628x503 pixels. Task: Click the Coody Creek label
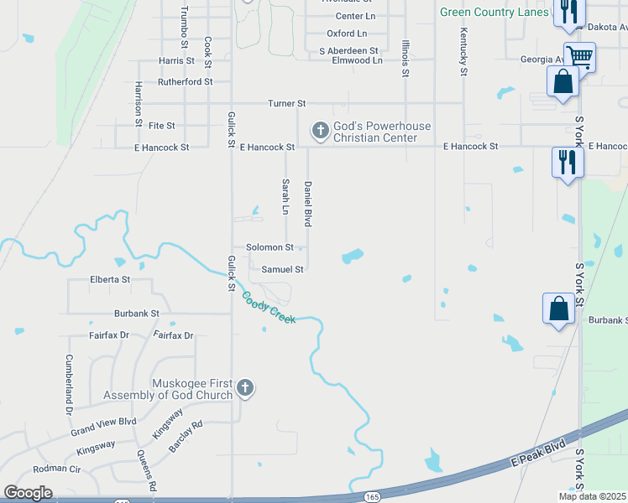click(x=269, y=308)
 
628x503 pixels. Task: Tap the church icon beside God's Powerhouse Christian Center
click(x=319, y=130)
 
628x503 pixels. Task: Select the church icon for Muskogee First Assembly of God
click(x=244, y=386)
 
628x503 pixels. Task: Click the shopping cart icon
click(x=578, y=57)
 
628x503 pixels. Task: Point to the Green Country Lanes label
click(x=495, y=12)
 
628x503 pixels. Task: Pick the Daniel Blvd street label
click(x=308, y=204)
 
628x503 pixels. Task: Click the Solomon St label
click(x=270, y=247)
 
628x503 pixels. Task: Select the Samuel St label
click(x=282, y=269)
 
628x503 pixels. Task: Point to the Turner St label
click(x=286, y=103)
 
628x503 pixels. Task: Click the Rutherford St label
click(x=186, y=82)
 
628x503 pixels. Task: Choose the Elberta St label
click(x=110, y=279)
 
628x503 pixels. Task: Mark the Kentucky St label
click(x=463, y=52)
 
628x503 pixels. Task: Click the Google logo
click(x=29, y=492)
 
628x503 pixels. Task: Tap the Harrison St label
click(x=139, y=104)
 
